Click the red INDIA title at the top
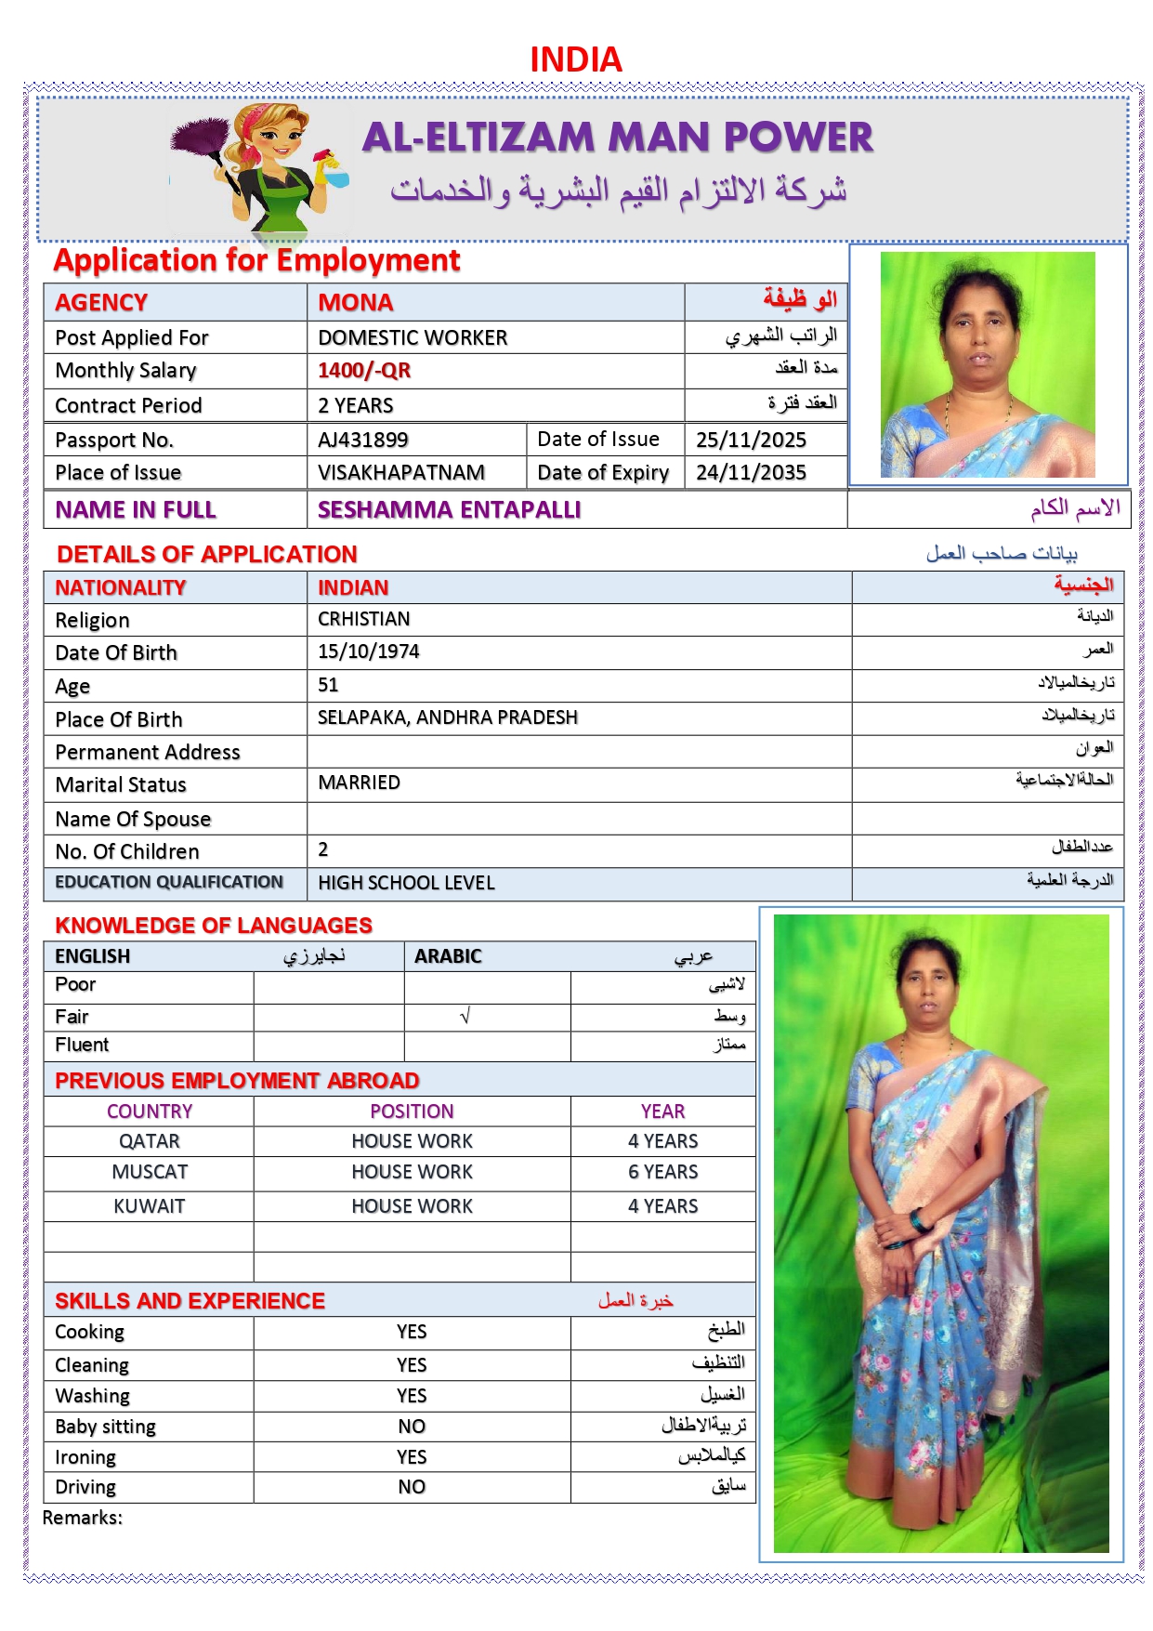pyautogui.click(x=575, y=59)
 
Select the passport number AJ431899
pyautogui.click(x=363, y=440)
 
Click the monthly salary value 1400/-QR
pyautogui.click(x=364, y=371)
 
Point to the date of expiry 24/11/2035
pyautogui.click(x=751, y=472)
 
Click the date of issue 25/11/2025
pyautogui.click(x=751, y=440)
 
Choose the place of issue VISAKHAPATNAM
pyautogui.click(x=401, y=472)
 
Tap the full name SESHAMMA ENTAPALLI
pyautogui.click(x=449, y=509)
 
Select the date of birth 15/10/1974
pyautogui.click(x=369, y=651)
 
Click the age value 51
pyautogui.click(x=328, y=685)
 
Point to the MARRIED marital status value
pyautogui.click(x=359, y=783)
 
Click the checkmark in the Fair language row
pyautogui.click(x=465, y=1017)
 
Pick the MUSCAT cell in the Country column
pyautogui.click(x=150, y=1172)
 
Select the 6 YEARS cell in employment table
pyautogui.click(x=662, y=1172)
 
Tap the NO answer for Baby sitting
pyautogui.click(x=412, y=1427)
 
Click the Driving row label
pyautogui.click(x=85, y=1487)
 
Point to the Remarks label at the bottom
pyautogui.click(x=83, y=1518)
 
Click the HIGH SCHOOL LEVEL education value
pyautogui.click(x=406, y=883)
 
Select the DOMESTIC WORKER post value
pyautogui.click(x=413, y=337)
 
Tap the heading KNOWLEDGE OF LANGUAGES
pyautogui.click(x=214, y=926)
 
